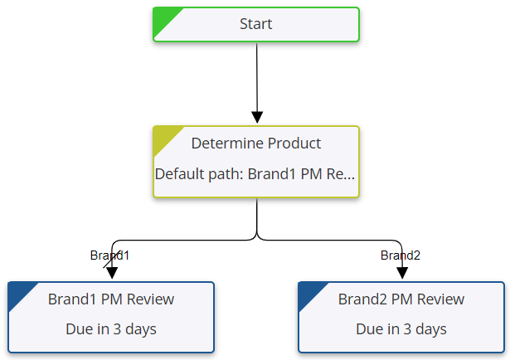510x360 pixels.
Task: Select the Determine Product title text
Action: pos(255,144)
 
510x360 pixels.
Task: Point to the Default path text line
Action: pos(255,175)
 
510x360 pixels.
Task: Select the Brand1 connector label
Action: pos(109,255)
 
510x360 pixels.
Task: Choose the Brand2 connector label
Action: pos(401,255)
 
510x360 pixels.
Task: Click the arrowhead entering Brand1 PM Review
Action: pos(112,272)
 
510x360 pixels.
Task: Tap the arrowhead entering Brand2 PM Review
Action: pos(402,272)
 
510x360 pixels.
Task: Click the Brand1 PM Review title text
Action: pos(111,299)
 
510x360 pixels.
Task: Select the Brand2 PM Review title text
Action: pos(401,299)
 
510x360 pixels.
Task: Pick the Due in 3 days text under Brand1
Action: pos(111,329)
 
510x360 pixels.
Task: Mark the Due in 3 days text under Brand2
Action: pos(401,329)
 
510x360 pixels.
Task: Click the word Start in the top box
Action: pos(256,24)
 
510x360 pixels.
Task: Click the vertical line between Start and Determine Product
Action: pos(257,75)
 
